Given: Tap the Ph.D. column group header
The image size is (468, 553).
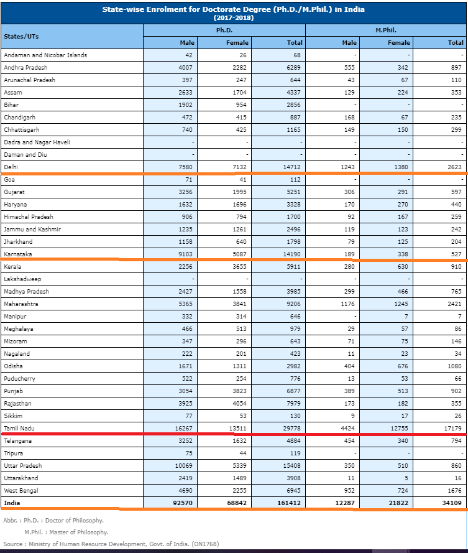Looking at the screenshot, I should point(224,30).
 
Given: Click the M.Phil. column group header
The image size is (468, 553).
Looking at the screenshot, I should point(386,30).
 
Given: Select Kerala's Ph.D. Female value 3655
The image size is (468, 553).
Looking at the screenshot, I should point(239,267).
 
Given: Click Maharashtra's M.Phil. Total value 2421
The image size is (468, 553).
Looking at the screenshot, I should point(454,304).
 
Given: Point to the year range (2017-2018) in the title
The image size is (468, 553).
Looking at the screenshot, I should point(233,17).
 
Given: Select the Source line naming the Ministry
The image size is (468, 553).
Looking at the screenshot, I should point(111,544).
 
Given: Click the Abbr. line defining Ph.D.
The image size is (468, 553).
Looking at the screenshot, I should point(53,520).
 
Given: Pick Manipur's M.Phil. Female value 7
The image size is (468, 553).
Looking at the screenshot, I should point(407,317).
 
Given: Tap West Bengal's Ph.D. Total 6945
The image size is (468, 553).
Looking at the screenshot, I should point(291,491).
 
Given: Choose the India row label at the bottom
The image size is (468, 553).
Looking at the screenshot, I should point(12,503).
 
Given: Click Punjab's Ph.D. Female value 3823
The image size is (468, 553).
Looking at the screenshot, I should point(239,391).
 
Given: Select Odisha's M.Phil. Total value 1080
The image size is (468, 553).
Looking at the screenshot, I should point(454,366).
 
